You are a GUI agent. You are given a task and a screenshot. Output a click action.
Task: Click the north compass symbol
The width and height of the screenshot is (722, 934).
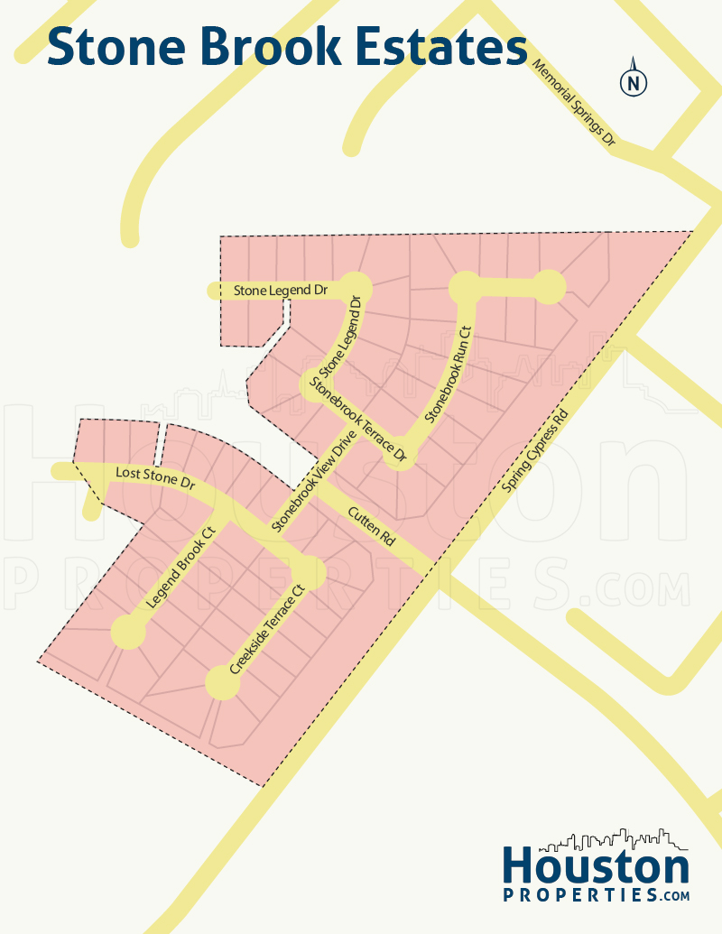[634, 82]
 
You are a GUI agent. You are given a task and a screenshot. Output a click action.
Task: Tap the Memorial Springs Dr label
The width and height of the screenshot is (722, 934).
[573, 104]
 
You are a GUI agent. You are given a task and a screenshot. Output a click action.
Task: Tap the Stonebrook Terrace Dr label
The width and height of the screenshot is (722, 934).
[359, 421]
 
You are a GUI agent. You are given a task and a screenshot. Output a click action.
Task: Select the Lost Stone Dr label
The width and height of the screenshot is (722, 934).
[155, 478]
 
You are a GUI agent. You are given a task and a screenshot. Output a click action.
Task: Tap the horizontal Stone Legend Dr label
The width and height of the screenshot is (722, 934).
[280, 291]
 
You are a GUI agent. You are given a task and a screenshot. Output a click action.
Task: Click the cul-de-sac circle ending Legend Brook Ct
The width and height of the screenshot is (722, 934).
[128, 633]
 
